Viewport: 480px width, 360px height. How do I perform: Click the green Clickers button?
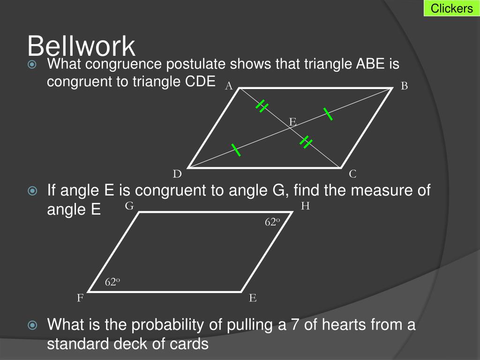[x=451, y=8]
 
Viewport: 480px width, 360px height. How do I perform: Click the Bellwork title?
[x=81, y=46]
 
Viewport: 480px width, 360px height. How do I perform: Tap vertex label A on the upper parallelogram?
[x=229, y=85]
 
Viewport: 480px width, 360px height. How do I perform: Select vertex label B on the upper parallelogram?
[x=404, y=86]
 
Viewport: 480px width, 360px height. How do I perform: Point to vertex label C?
[x=352, y=174]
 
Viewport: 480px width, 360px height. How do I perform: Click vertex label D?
[x=177, y=174]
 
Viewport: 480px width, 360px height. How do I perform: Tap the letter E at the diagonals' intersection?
[x=292, y=122]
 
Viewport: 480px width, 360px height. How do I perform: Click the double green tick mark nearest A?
[x=262, y=107]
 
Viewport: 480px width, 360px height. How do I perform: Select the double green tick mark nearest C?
[x=306, y=142]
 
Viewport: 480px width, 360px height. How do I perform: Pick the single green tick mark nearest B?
[x=328, y=114]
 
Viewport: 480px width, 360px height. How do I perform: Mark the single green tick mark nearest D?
[x=235, y=150]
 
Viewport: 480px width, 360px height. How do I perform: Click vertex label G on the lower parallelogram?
[x=129, y=206]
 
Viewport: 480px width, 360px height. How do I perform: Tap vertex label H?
[x=305, y=206]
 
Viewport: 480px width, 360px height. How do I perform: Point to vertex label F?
[x=80, y=298]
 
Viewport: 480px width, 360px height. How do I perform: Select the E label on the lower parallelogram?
[x=253, y=298]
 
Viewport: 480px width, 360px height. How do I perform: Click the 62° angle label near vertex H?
[x=272, y=222]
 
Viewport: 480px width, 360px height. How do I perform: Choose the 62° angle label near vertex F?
[x=112, y=282]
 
